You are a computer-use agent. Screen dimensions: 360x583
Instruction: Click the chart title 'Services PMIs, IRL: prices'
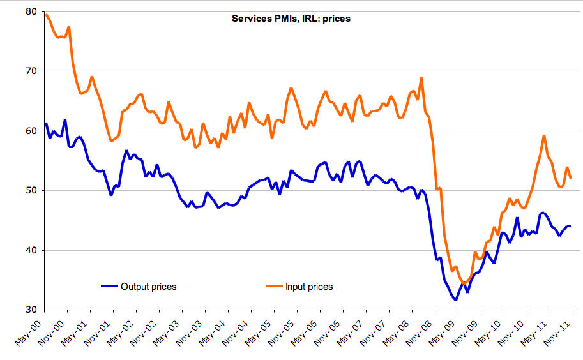(x=291, y=19)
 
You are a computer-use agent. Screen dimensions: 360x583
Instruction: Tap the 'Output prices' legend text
(x=148, y=287)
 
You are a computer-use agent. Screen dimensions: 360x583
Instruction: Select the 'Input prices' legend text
(x=309, y=287)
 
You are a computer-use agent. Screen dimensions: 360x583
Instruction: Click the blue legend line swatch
(x=109, y=287)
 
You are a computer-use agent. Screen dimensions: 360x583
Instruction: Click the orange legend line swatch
(x=273, y=287)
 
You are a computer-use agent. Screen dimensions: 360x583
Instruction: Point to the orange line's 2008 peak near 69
(x=421, y=78)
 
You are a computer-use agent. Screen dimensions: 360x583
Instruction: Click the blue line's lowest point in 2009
(x=456, y=299)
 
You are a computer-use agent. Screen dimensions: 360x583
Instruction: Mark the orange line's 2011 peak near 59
(x=543, y=135)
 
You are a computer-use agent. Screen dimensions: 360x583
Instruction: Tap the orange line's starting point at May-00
(x=46, y=14)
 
